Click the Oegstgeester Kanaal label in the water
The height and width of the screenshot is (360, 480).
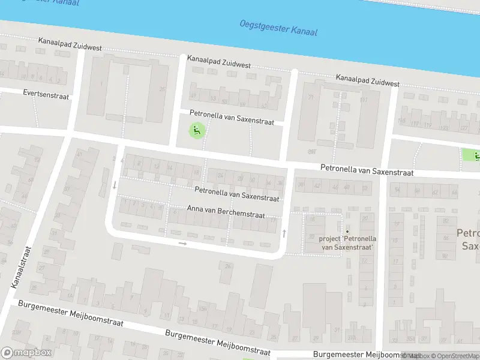[x=278, y=28]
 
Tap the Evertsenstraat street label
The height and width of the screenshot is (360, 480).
[x=46, y=95]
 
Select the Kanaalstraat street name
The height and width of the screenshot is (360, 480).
[x=22, y=267]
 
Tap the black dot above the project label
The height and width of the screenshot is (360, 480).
[x=347, y=232]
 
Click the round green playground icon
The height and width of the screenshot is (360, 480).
[x=196, y=129]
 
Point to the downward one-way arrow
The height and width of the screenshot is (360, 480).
[x=115, y=185]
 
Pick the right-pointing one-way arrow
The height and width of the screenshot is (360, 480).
[x=183, y=244]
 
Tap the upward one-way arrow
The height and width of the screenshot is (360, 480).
[x=284, y=232]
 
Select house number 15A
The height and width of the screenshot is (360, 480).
[x=202, y=309]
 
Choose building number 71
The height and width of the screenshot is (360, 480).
[x=311, y=97]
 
